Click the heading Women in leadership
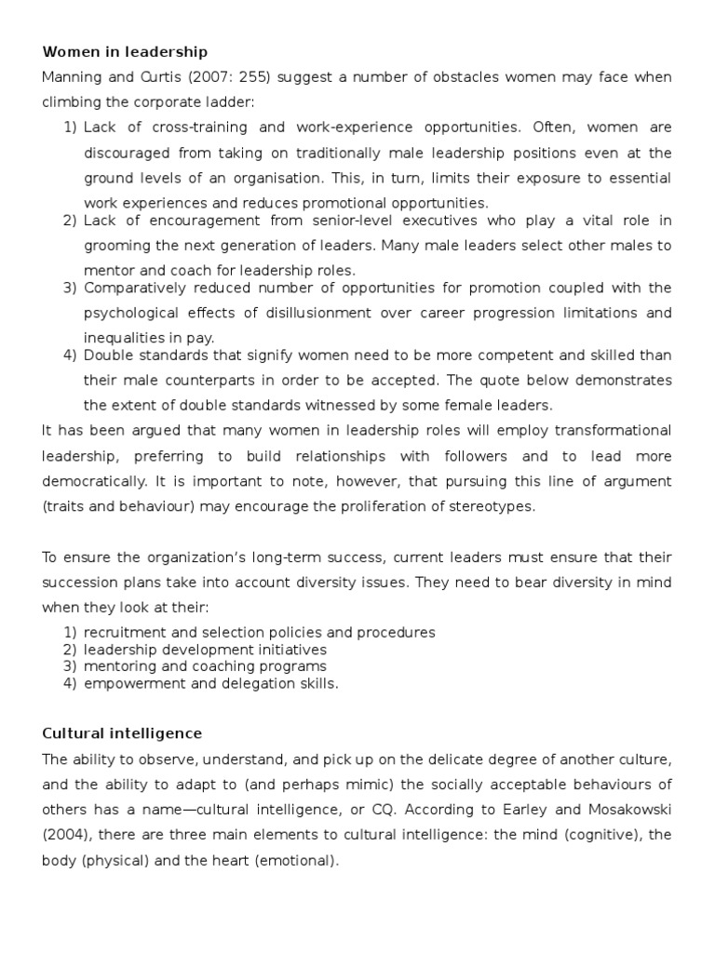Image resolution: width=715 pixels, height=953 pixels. point(125,51)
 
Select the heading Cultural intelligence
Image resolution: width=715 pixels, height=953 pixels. point(121,733)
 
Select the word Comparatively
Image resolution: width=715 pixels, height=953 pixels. point(136,288)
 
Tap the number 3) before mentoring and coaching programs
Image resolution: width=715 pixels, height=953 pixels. point(69,666)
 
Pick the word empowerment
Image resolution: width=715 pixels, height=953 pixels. point(131,683)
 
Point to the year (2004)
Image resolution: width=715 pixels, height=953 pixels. point(65,835)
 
